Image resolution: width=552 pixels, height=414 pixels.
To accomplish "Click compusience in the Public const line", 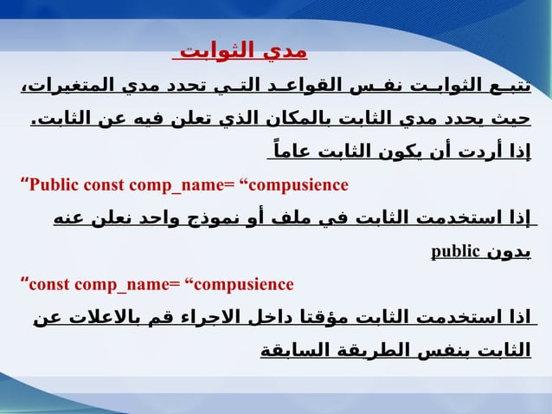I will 298,184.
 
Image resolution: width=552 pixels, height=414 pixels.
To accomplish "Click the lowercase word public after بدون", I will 455,252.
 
